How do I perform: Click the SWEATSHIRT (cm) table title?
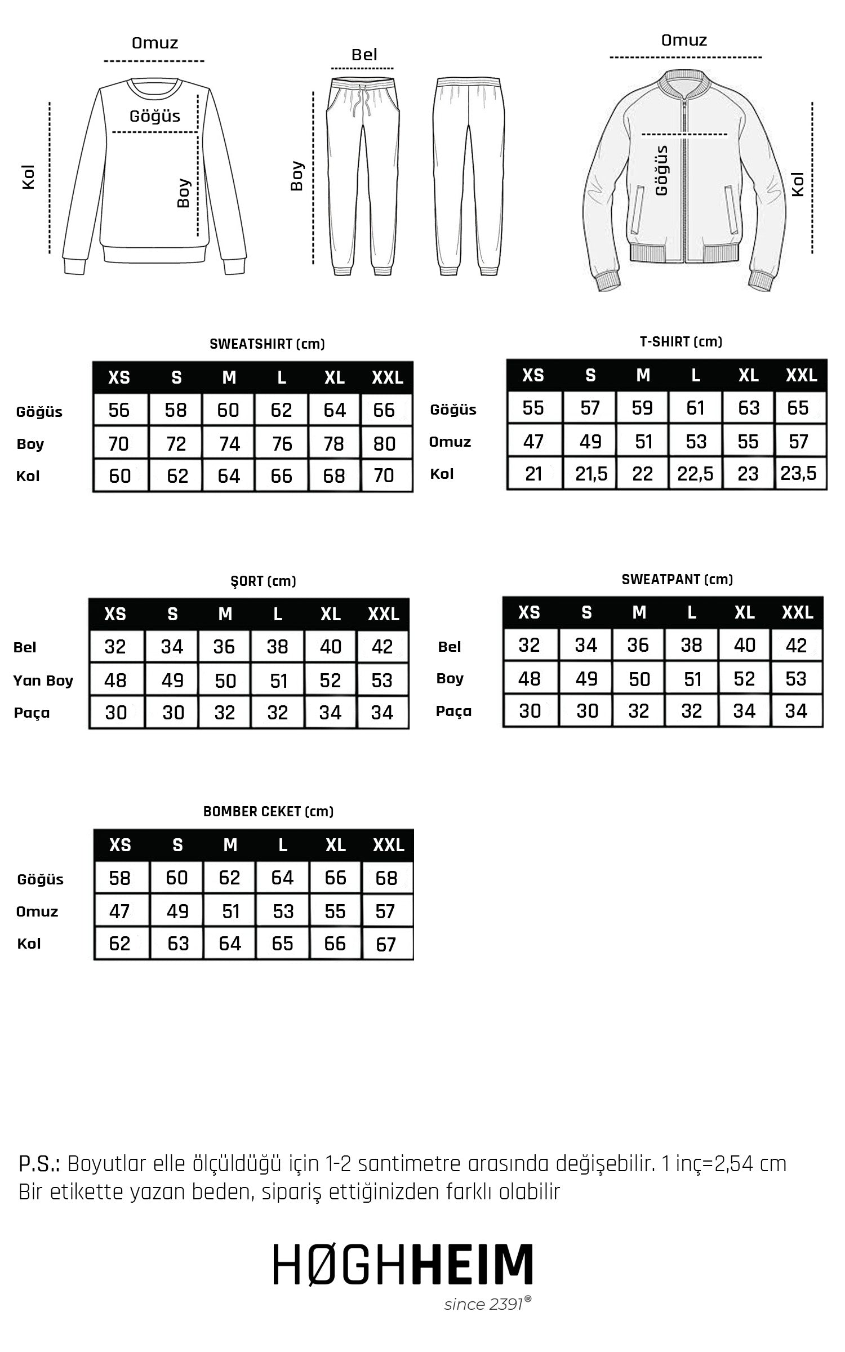(x=267, y=344)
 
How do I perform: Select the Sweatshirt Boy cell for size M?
(x=229, y=444)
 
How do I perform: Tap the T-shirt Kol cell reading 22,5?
(x=695, y=474)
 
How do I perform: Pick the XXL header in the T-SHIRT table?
(x=801, y=375)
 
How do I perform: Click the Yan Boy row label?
(x=43, y=681)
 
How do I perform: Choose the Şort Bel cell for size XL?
(x=330, y=647)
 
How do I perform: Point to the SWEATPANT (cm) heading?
(x=677, y=580)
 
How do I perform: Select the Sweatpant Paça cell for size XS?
(x=530, y=711)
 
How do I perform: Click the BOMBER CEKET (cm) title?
(x=268, y=812)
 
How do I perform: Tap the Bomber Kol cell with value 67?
(x=386, y=944)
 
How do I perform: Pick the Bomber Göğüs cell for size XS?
(x=119, y=878)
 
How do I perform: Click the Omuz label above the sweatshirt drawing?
(x=155, y=43)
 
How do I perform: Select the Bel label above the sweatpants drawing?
(x=364, y=55)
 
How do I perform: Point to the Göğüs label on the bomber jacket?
(x=662, y=171)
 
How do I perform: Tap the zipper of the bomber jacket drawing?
(x=685, y=180)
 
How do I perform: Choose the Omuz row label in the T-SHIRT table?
(x=450, y=442)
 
